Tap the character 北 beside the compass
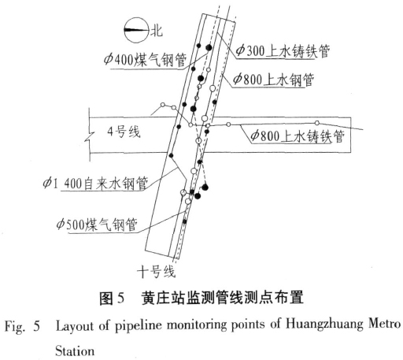pyautogui.click(x=157, y=31)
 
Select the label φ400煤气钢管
pyautogui.click(x=145, y=60)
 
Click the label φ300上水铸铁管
pyautogui.click(x=283, y=50)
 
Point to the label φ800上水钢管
pyautogui.click(x=273, y=79)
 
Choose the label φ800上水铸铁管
pyautogui.click(x=298, y=136)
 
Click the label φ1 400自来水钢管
pyautogui.click(x=95, y=183)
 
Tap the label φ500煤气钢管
pyautogui.click(x=97, y=225)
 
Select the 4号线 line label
pyautogui.click(x=124, y=132)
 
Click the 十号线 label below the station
pyautogui.click(x=157, y=271)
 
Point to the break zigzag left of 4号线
pyautogui.click(x=90, y=135)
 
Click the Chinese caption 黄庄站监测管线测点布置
pyautogui.click(x=223, y=298)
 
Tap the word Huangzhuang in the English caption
pyautogui.click(x=324, y=325)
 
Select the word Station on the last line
pyautogui.click(x=75, y=351)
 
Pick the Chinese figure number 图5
pyautogui.click(x=111, y=298)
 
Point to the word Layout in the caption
pyautogui.click(x=76, y=325)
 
